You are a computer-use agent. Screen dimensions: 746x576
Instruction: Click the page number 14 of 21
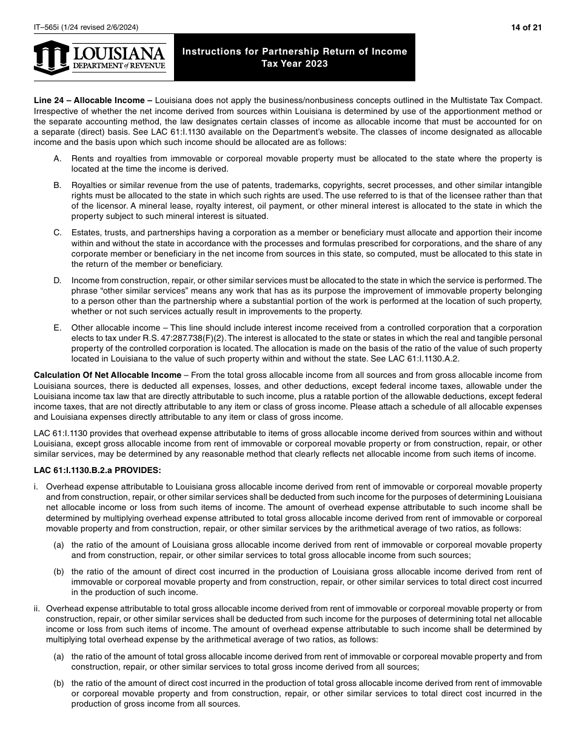pyautogui.click(x=528, y=27)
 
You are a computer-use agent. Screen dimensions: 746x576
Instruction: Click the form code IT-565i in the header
pyautogui.click(x=48, y=27)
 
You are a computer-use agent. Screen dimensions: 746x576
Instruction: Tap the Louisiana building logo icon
pyautogui.click(x=52, y=58)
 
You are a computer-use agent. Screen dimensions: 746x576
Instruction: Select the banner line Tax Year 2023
pyautogui.click(x=295, y=64)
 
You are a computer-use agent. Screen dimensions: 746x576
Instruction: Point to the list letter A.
pyautogui.click(x=58, y=159)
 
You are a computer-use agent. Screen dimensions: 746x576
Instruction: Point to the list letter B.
pyautogui.click(x=58, y=185)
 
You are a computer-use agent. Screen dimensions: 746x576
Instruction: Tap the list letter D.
pyautogui.click(x=58, y=280)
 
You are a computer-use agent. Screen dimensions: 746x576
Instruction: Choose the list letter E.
pyautogui.click(x=58, y=328)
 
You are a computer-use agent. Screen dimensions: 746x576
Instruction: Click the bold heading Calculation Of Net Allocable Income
pyautogui.click(x=107, y=375)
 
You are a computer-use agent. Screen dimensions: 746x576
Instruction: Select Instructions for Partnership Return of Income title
pyautogui.click(x=295, y=52)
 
